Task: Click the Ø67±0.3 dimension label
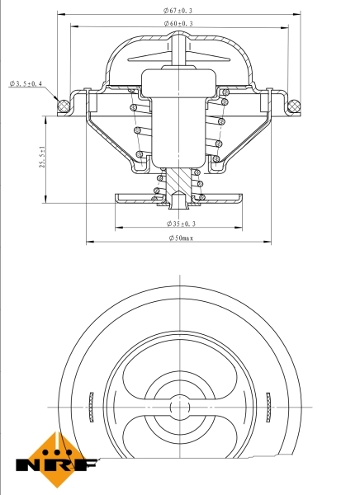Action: click(x=179, y=9)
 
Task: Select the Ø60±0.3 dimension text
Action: click(x=179, y=24)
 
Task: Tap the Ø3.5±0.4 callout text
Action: click(x=26, y=84)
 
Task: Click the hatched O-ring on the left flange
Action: click(x=60, y=105)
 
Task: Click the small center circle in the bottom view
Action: click(x=178, y=406)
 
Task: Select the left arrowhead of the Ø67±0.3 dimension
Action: click(x=61, y=14)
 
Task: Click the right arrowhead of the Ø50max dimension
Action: click(x=268, y=243)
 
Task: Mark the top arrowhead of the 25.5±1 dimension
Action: click(x=45, y=118)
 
